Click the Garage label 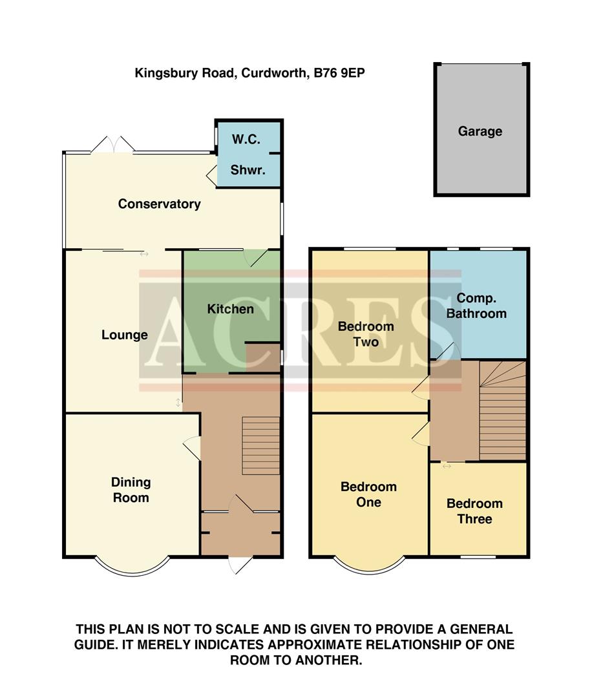coord(480,131)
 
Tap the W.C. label coord(248,140)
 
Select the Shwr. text coord(248,171)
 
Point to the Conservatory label coord(159,204)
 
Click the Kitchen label coord(230,309)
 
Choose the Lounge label coord(125,335)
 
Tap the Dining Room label coord(131,490)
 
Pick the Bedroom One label coord(368,494)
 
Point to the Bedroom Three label coord(474,511)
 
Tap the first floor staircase coord(503,410)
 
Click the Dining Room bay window coord(132,566)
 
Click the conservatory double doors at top coord(112,145)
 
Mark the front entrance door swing coord(240,564)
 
